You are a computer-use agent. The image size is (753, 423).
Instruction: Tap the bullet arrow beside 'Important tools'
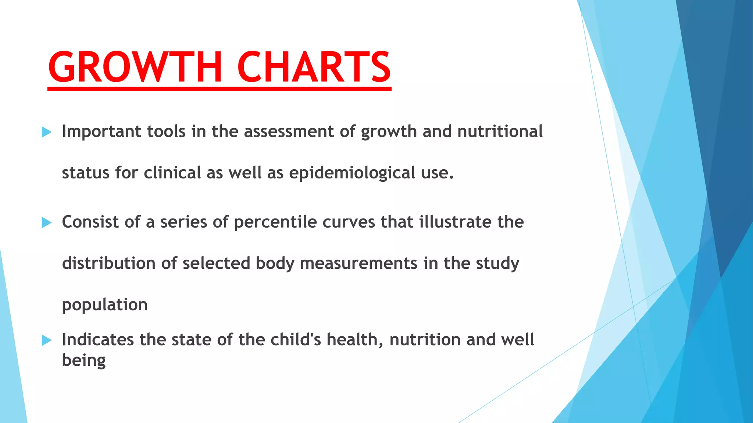(47, 132)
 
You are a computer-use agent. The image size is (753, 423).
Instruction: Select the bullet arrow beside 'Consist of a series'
(47, 222)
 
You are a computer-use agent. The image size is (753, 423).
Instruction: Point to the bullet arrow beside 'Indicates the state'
(47, 340)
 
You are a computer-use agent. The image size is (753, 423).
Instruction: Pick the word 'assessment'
(289, 131)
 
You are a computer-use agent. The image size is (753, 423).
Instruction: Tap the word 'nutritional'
(500, 131)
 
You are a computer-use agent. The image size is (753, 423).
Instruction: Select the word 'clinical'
(172, 173)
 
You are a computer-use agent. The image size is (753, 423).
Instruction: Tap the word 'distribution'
(109, 263)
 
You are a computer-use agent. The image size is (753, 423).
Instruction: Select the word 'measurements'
(359, 263)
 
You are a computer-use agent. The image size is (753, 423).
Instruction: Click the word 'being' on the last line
(84, 361)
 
